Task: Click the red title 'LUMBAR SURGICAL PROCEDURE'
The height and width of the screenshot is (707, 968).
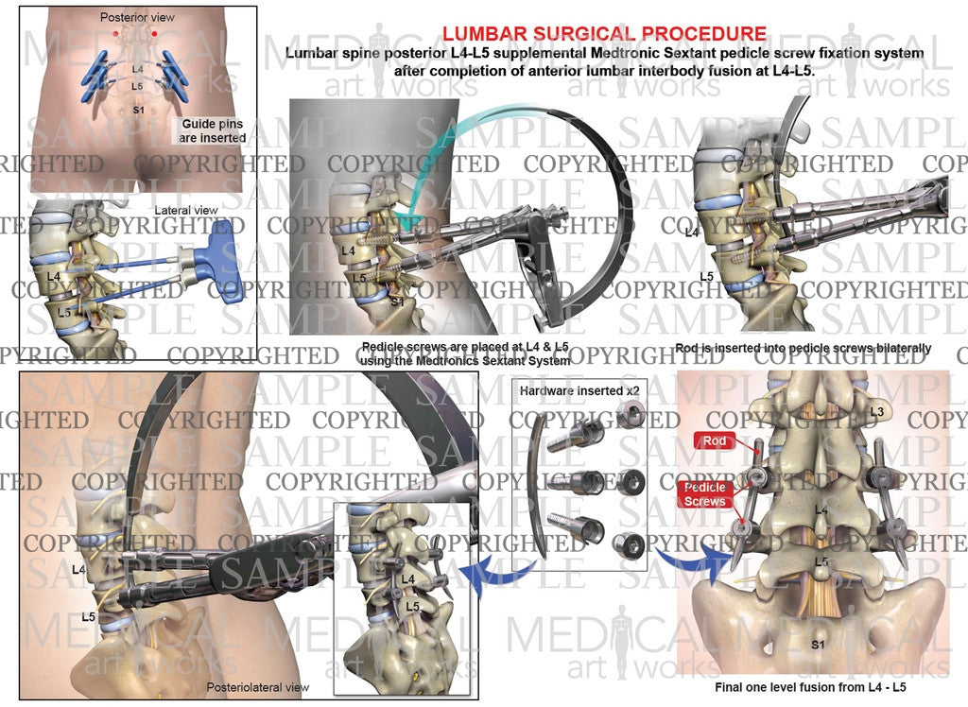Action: click(x=604, y=33)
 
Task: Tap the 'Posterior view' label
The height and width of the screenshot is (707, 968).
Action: click(x=137, y=17)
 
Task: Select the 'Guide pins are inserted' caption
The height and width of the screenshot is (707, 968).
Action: click(x=213, y=130)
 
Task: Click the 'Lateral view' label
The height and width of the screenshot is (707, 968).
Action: click(x=186, y=211)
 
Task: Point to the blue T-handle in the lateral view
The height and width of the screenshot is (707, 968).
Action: click(x=219, y=262)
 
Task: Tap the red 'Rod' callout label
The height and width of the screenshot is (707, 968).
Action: click(x=715, y=440)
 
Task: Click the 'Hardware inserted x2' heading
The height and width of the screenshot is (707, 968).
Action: click(x=579, y=391)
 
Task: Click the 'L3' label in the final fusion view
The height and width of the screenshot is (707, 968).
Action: click(x=877, y=411)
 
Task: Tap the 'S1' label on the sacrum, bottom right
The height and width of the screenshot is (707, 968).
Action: click(x=818, y=645)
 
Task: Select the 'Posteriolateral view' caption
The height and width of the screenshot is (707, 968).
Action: click(x=257, y=686)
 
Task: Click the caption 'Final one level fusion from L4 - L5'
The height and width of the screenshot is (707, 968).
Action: click(x=810, y=686)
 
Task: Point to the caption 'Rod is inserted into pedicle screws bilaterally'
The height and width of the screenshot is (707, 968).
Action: click(x=804, y=348)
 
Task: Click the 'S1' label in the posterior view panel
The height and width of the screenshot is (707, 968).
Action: click(x=140, y=111)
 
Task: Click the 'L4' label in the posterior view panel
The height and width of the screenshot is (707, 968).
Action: click(x=138, y=69)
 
